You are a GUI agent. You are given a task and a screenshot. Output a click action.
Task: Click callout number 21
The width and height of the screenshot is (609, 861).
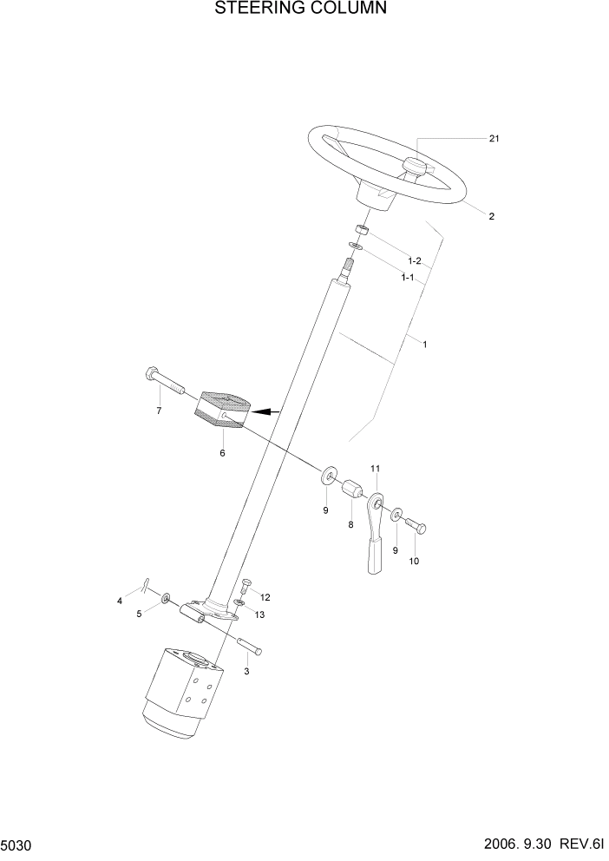coord(494,139)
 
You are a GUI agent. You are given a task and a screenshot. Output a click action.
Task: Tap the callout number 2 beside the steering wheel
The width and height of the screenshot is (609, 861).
coord(491,216)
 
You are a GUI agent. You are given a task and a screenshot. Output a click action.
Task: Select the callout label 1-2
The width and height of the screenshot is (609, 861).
coord(414,261)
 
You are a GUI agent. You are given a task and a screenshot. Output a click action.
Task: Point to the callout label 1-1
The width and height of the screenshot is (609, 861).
coord(407,278)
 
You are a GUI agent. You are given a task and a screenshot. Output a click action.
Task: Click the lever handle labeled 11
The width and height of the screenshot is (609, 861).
coord(373,538)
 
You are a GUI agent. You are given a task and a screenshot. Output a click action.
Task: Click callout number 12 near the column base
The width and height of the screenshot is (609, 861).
coord(265,597)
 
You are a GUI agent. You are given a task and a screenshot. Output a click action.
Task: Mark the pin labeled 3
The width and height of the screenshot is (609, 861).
coord(248,647)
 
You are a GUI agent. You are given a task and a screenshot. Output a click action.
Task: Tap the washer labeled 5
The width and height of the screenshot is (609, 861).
coord(164,598)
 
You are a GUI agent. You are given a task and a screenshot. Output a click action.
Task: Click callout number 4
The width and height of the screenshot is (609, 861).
coord(121,601)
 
